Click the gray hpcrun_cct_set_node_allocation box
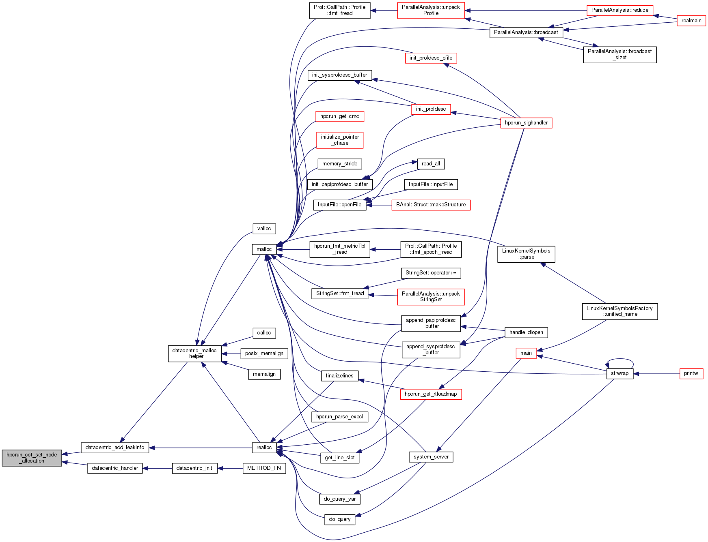click(32, 458)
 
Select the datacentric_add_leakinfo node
click(115, 448)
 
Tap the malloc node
click(264, 249)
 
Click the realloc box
click(264, 448)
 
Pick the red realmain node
click(691, 21)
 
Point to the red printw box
click(691, 373)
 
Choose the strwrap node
click(619, 373)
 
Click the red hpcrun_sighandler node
click(526, 123)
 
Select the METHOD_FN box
click(264, 468)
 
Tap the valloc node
click(264, 229)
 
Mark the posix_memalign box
click(264, 353)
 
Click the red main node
click(526, 353)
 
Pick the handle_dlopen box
click(526, 332)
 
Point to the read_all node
click(431, 164)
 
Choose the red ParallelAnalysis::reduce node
click(620, 10)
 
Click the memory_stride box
click(340, 164)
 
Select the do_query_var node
click(340, 499)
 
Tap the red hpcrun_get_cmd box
click(340, 116)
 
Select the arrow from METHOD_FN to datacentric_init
click(230, 468)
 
